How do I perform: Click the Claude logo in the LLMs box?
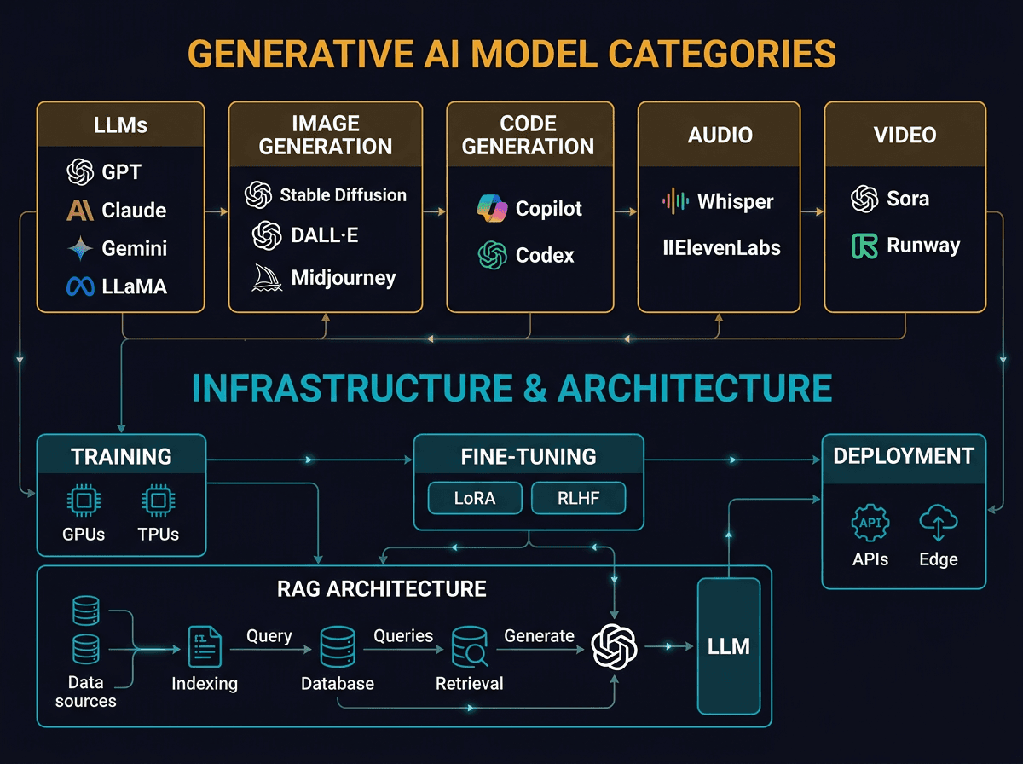81,210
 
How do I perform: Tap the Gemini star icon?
81,248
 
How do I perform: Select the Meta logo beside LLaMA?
80,287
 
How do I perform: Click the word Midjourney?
344,277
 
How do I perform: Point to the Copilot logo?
492,209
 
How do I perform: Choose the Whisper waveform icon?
675,201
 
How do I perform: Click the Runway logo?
864,246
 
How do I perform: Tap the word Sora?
908,199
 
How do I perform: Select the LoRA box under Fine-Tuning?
475,498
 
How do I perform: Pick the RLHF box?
578,498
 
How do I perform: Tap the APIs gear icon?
870,523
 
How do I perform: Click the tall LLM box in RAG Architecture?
729,646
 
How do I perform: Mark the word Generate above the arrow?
539,635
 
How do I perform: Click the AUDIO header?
720,135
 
